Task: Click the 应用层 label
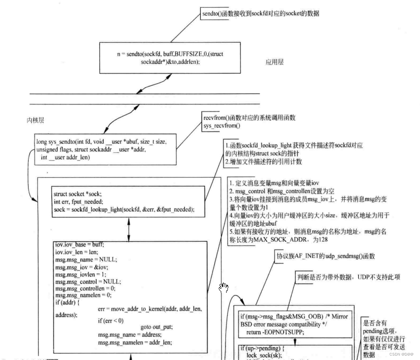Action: click(x=275, y=63)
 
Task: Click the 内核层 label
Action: click(x=35, y=120)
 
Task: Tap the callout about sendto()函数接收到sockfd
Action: click(x=260, y=14)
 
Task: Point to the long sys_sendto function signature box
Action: click(x=106, y=149)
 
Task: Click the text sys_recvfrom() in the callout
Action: click(x=222, y=126)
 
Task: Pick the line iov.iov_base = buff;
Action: click(x=79, y=244)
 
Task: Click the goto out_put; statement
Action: click(x=156, y=327)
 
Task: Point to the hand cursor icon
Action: click(x=224, y=288)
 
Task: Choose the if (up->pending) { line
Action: click(x=261, y=349)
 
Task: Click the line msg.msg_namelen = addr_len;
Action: click(x=135, y=342)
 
